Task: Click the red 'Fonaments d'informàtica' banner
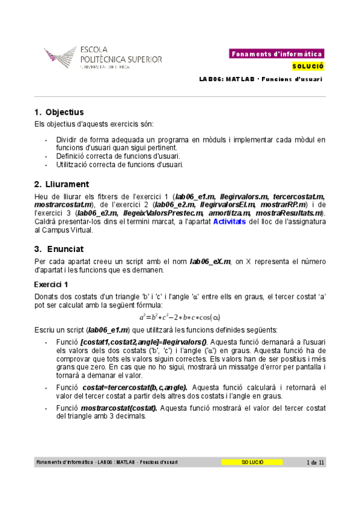point(277,54)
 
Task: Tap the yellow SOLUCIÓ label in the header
point(308,66)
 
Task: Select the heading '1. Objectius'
point(59,112)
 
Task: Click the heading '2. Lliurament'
point(62,184)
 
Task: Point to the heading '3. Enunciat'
point(59,248)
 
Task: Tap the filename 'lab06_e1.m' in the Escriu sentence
point(108,330)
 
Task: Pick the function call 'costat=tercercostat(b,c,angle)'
point(135,387)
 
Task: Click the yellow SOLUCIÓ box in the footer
point(252,462)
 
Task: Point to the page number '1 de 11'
point(316,462)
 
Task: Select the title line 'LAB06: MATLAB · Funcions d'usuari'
point(261,79)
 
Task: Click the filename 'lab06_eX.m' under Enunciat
point(211,262)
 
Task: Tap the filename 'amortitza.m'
point(229,213)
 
